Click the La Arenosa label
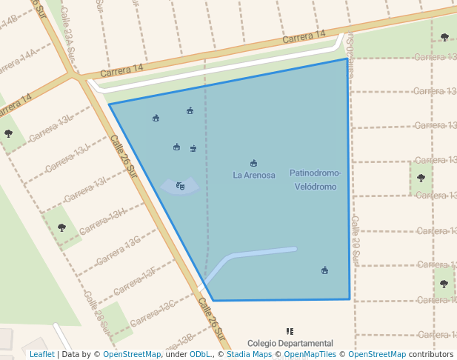(254, 176)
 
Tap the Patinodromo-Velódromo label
(316, 180)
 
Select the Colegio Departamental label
(290, 344)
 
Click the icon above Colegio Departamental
(290, 332)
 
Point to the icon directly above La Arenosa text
(254, 163)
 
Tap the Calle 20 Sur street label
(356, 241)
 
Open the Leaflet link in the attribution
(41, 354)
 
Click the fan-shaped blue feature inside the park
(180, 187)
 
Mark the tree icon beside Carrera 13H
(61, 227)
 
